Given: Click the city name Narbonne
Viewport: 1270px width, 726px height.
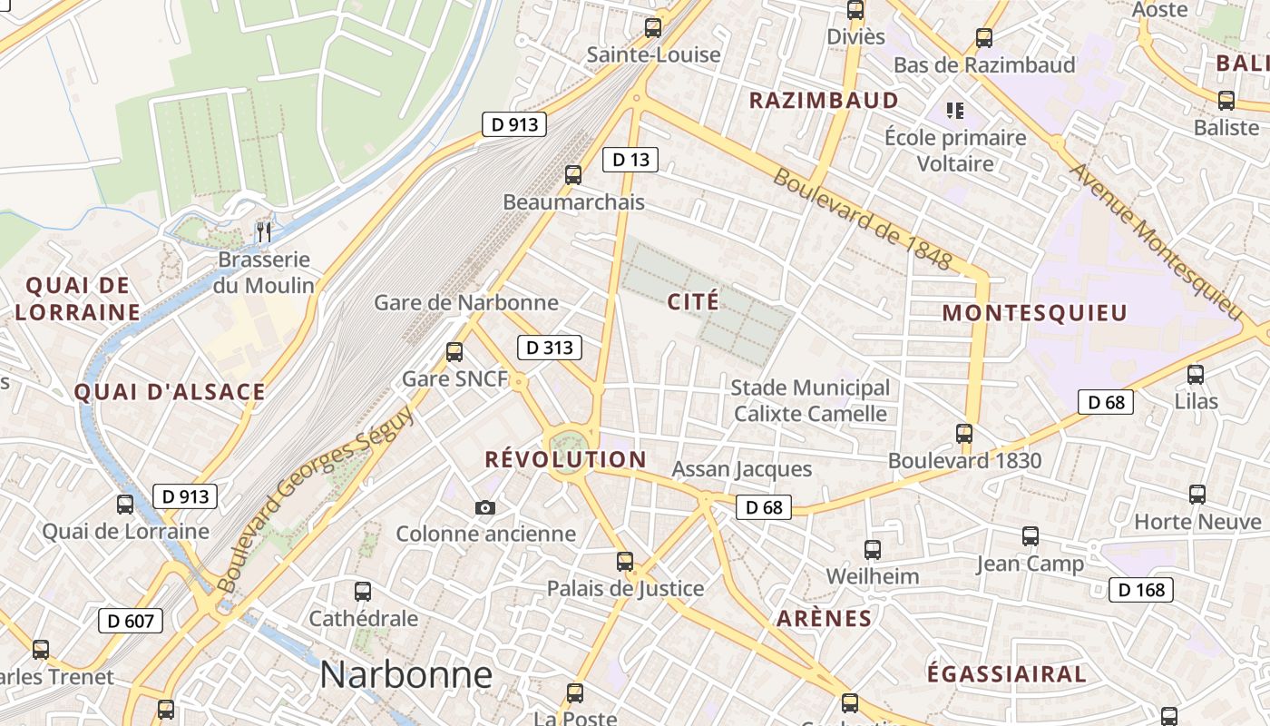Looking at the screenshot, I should pos(405,675).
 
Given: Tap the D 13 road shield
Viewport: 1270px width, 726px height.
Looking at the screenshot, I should pos(630,160).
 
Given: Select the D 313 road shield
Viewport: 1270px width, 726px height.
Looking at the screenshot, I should pos(549,347).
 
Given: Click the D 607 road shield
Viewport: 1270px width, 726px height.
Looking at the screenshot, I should pos(131,621).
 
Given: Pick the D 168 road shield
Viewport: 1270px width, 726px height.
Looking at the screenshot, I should pos(1140,590).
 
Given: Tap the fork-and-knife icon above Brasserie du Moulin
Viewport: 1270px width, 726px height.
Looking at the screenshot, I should pos(264,231).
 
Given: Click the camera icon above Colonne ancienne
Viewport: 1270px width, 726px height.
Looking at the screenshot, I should pos(485,507).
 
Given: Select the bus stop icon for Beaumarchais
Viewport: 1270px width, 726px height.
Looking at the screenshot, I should pos(573,175).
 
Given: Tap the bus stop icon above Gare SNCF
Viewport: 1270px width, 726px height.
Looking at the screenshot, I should pos(454,352).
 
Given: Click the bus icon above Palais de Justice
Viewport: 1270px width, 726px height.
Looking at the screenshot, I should pos(625,562).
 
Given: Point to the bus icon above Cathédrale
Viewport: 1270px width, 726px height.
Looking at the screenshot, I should pos(363,592).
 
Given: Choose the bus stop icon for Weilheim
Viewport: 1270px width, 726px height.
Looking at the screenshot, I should pos(872,549).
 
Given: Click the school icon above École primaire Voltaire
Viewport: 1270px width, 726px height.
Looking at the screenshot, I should pos(954,111).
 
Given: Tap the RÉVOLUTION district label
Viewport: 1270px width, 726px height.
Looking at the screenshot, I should pos(565,459).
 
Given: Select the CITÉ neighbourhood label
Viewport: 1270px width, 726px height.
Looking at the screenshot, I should pos(693,301).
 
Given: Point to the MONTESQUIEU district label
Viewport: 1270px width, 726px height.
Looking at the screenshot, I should pos(1034,314).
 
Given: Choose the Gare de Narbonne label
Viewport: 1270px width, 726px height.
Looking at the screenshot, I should pos(466,302).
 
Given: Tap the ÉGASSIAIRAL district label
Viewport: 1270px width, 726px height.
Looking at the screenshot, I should pos(1006,674).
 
